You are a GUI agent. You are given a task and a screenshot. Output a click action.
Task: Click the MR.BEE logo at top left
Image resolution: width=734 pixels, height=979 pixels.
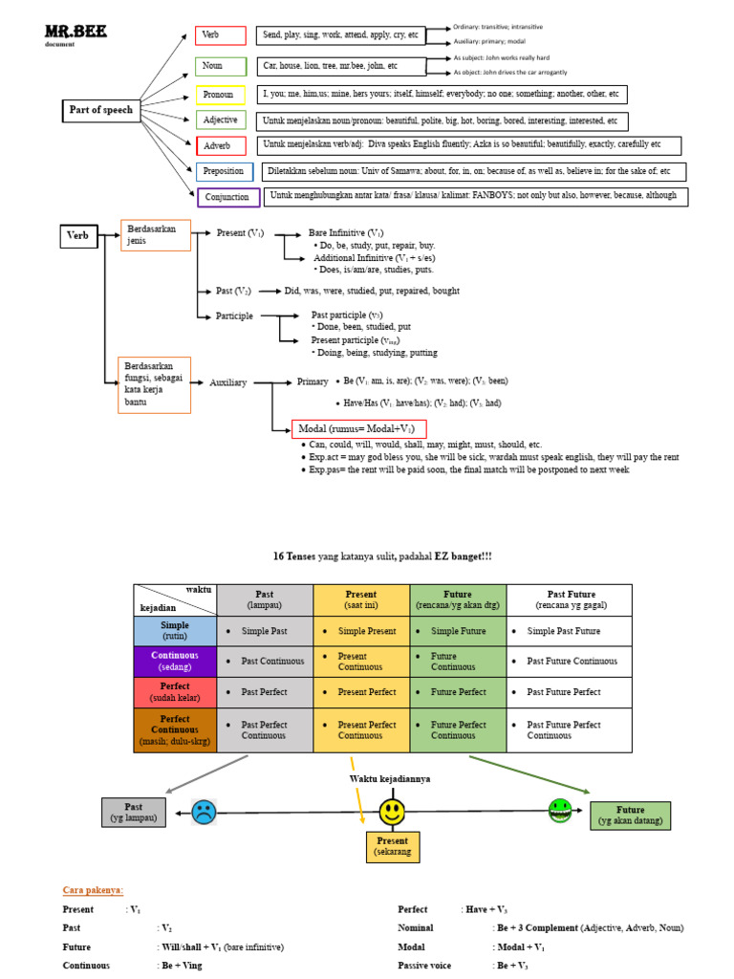(x=76, y=33)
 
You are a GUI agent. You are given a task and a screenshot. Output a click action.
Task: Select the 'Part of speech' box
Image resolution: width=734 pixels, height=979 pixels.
(x=101, y=110)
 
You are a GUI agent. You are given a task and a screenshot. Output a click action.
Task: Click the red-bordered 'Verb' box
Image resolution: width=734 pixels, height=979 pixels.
(x=221, y=35)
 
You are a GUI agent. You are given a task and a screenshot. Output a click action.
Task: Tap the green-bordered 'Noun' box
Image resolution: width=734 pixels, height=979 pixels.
(x=221, y=66)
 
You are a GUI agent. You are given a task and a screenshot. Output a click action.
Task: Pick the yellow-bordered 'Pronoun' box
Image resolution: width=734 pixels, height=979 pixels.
(x=221, y=95)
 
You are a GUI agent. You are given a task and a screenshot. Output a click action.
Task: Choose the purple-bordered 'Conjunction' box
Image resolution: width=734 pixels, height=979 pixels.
(x=228, y=198)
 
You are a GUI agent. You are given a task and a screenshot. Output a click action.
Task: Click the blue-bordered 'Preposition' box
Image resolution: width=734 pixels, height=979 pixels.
(x=225, y=172)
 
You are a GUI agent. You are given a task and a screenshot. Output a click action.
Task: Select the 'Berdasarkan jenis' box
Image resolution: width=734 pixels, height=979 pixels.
(x=156, y=235)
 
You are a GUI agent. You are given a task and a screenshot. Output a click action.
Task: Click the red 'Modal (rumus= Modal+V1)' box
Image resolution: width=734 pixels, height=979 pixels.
(x=359, y=429)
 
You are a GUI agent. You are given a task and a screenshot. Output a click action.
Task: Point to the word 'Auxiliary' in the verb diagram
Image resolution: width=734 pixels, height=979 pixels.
(x=228, y=382)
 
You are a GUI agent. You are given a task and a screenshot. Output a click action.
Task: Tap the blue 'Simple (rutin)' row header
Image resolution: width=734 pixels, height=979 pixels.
(x=175, y=631)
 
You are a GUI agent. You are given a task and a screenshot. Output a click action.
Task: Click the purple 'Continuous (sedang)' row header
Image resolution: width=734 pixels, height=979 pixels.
(x=175, y=662)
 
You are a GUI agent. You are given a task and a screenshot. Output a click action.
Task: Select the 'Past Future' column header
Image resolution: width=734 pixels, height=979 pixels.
(x=569, y=599)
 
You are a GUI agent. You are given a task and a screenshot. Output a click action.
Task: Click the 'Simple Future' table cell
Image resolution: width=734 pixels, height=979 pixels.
(x=458, y=631)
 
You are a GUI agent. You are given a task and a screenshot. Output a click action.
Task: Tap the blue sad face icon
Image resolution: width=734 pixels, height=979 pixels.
(x=204, y=812)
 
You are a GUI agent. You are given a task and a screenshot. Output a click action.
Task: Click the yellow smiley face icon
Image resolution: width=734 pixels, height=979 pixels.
(x=392, y=813)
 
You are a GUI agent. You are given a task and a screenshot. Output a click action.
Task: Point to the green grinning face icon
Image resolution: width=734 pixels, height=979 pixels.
(x=560, y=811)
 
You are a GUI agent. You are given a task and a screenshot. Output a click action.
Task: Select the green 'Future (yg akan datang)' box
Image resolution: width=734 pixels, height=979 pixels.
(x=630, y=816)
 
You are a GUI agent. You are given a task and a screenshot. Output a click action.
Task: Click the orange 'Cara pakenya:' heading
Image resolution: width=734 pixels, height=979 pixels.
(x=93, y=890)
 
